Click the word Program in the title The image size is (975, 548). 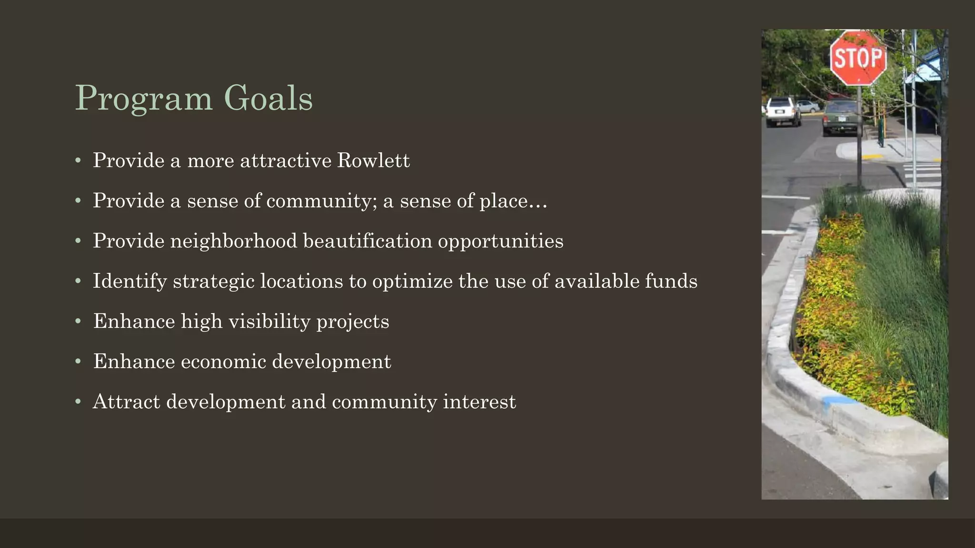coord(143,98)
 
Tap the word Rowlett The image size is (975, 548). coord(373,160)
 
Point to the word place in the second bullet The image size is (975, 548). coord(504,201)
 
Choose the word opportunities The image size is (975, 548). coord(500,242)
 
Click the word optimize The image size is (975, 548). coord(412,282)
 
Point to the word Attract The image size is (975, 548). coord(126,401)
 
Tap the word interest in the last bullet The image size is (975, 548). coord(479,401)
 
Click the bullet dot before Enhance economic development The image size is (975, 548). coord(78,362)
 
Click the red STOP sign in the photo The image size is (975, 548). coord(858,58)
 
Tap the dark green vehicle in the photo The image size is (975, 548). coord(841,117)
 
